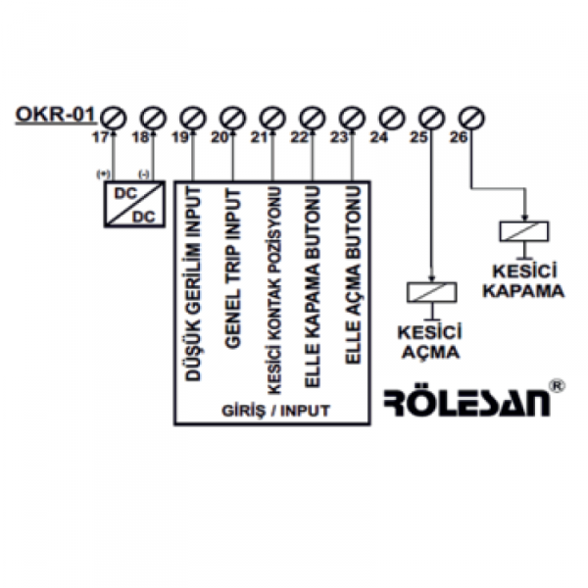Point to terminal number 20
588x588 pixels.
tap(219, 138)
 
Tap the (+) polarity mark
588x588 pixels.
tap(102, 173)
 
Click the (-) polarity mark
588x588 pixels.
tap(144, 173)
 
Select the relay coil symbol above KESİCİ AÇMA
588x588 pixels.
tap(431, 292)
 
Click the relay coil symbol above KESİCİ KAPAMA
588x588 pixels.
tap(525, 232)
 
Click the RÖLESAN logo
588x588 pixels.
tap(466, 403)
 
